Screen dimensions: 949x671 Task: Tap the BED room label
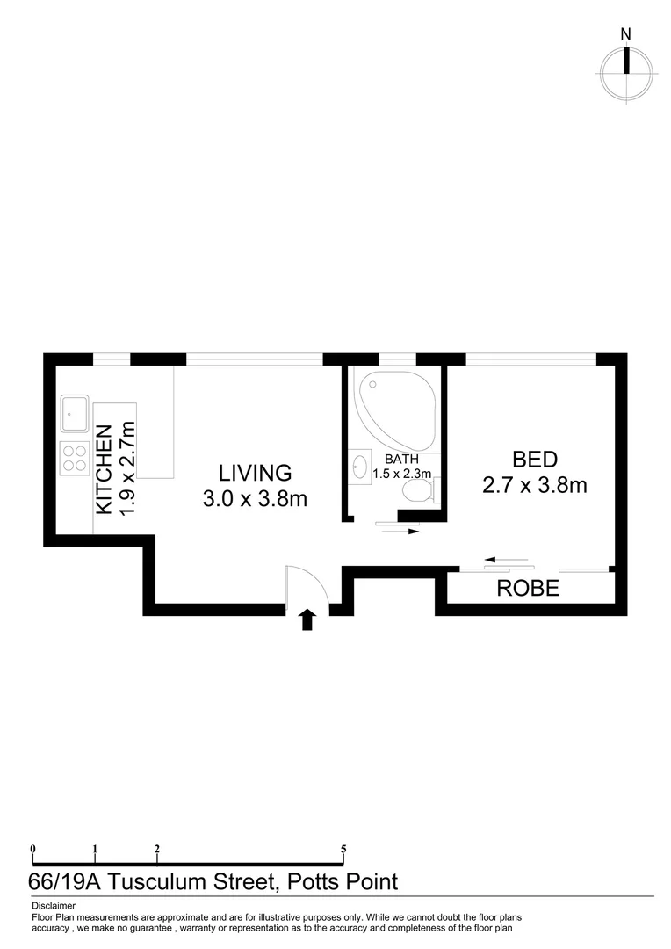coord(535,459)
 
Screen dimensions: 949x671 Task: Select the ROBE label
coord(528,589)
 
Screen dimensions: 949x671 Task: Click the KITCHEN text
coord(104,470)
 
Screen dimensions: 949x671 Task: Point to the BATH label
coord(401,459)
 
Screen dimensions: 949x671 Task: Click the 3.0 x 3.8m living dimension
coord(255,499)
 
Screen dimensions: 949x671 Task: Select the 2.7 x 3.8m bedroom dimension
coord(535,484)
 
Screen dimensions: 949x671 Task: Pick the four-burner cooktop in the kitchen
coord(74,460)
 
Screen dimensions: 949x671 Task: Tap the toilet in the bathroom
coord(415,491)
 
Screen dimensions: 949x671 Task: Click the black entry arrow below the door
coord(307,620)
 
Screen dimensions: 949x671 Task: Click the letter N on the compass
coord(625,34)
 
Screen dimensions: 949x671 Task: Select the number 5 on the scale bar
coord(343,849)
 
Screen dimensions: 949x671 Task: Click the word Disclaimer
coord(54,905)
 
